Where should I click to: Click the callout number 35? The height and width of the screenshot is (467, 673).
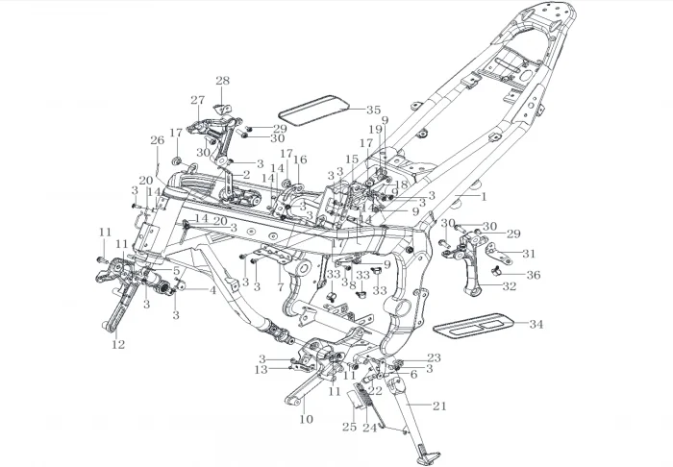click(373, 111)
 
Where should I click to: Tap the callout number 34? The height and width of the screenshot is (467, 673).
click(536, 324)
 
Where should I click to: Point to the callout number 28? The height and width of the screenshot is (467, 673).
click(222, 81)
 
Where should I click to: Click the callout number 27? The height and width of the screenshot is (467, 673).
click(197, 100)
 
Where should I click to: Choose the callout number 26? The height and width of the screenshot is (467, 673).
click(157, 140)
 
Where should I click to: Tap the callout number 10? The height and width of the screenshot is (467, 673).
click(306, 420)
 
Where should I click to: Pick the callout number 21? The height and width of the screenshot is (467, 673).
click(440, 406)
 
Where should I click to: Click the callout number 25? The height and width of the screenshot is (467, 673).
click(349, 426)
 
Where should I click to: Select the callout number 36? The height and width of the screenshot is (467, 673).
click(534, 275)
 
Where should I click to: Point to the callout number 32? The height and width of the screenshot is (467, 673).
click(509, 286)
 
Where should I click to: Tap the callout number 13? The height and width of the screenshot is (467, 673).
click(261, 370)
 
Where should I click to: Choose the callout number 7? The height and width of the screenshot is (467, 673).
click(280, 286)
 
